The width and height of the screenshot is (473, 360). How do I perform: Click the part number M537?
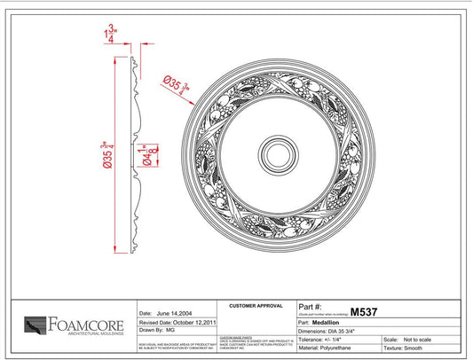(x=364, y=311)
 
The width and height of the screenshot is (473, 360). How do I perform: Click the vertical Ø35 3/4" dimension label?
(x=106, y=153)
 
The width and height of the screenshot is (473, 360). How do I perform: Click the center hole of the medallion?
(x=288, y=153)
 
